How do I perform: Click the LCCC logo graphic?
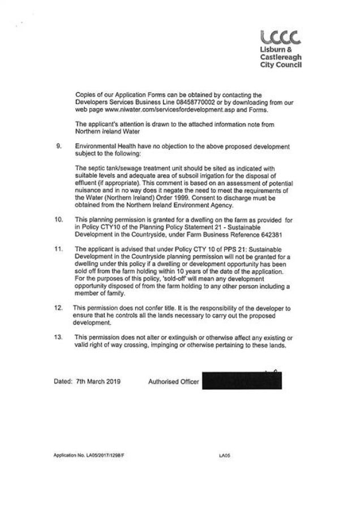click(278, 38)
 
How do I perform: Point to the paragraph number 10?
click(58, 233)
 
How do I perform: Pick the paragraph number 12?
click(58, 307)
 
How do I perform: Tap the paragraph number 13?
click(58, 338)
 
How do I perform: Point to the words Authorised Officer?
click(173, 382)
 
